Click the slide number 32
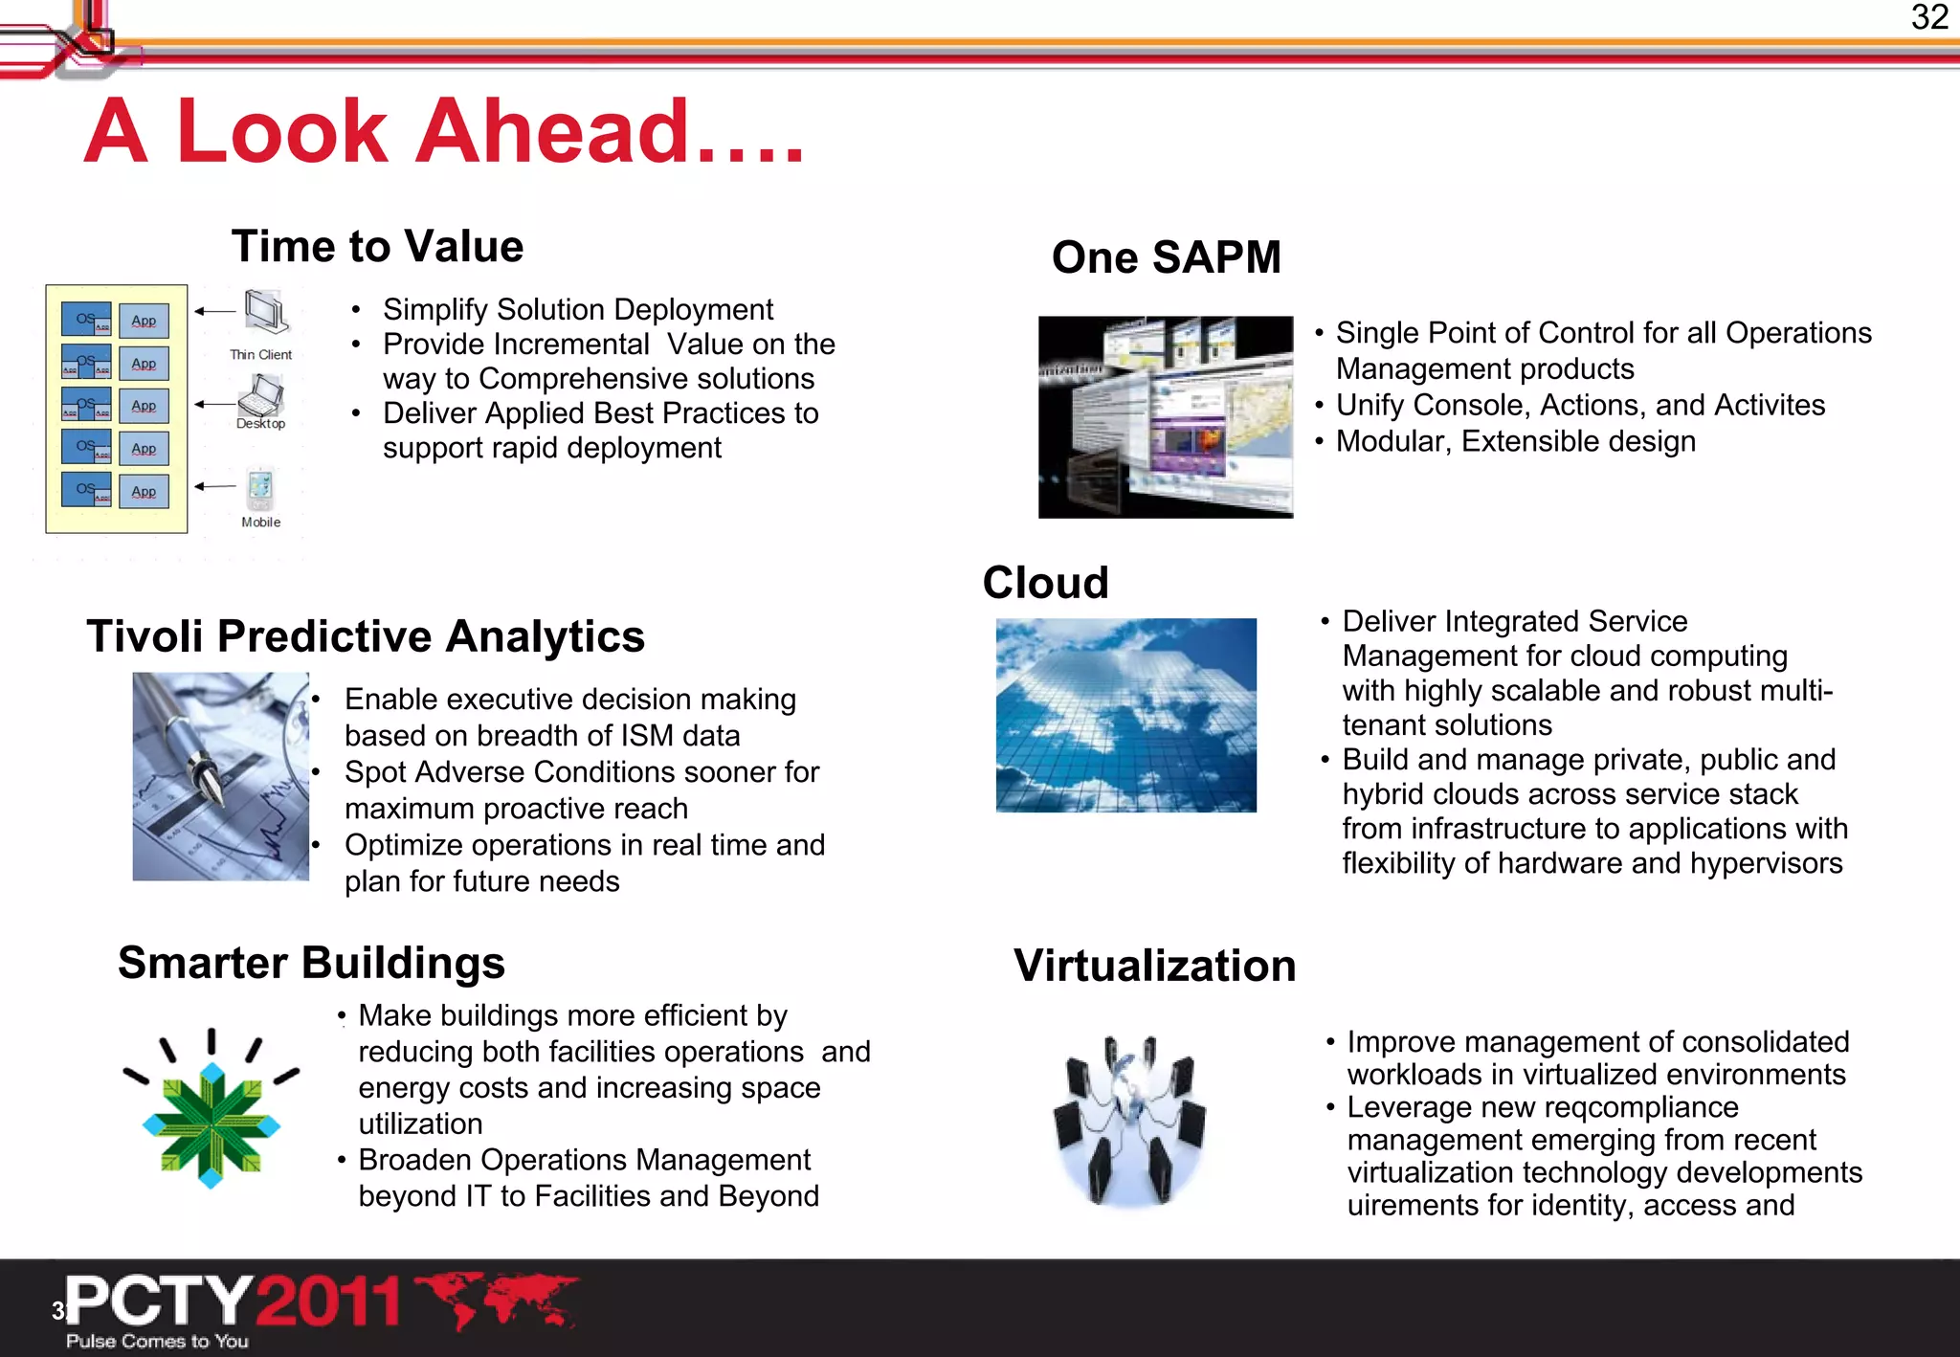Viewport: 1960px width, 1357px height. click(1929, 17)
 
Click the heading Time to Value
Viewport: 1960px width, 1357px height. click(377, 247)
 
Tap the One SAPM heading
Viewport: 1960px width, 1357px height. click(1166, 257)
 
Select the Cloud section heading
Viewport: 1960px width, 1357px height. click(1045, 583)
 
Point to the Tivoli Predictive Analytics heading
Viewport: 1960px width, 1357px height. click(366, 636)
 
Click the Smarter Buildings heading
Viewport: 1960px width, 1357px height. click(311, 963)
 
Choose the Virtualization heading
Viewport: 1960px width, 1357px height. click(1154, 966)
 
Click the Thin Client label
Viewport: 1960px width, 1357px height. click(260, 354)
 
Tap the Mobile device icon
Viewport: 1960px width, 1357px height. click(260, 489)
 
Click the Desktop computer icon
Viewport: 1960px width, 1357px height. click(261, 394)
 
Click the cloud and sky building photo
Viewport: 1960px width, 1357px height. click(1125, 715)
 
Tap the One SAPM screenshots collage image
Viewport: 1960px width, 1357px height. click(1165, 417)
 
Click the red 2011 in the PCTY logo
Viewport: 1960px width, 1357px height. click(327, 1301)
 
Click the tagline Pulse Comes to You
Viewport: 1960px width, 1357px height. click(157, 1341)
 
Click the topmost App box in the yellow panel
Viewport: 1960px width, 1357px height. click(144, 321)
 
